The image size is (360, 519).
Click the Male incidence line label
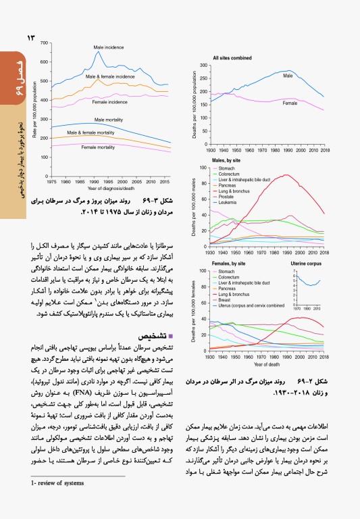click(x=108, y=47)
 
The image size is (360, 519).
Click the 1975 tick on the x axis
click(x=51, y=182)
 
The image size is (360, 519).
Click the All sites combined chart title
click(x=232, y=59)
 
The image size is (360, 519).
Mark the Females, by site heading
click(x=229, y=263)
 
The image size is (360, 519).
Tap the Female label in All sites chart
click(x=290, y=103)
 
